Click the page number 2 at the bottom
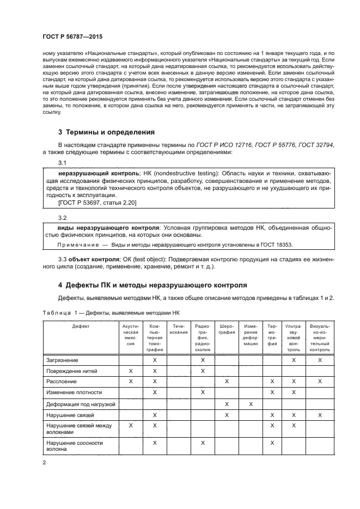[x=44, y=463]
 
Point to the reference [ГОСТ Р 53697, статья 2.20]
[x=90, y=203]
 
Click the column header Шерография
[x=227, y=329]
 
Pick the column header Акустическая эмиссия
[x=130, y=335]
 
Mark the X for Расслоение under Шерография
[x=227, y=382]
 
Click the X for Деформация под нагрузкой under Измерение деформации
[x=251, y=404]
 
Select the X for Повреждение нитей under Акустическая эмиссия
[x=130, y=371]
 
